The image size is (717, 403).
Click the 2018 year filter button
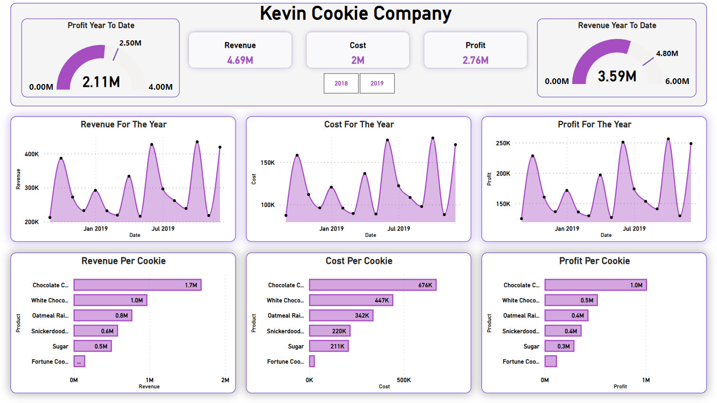(341, 84)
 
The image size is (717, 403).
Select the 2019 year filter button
(377, 84)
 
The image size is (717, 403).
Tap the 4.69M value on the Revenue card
(240, 60)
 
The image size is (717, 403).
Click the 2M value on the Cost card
(358, 60)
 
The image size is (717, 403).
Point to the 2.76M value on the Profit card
(475, 60)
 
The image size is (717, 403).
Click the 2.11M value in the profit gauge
(101, 82)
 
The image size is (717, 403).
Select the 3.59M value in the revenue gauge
(617, 76)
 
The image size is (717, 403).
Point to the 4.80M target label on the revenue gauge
(667, 54)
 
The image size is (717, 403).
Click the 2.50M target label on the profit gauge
(130, 43)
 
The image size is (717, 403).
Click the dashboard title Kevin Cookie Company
(356, 14)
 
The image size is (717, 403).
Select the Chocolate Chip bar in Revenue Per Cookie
(137, 285)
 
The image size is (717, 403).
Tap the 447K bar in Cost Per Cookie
(351, 300)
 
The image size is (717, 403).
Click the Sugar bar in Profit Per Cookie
(559, 346)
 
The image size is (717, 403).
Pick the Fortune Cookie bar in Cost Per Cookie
(312, 361)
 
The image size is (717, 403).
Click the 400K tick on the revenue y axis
(32, 154)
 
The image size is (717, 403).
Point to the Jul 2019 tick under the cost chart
(398, 229)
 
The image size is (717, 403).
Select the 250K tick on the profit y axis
(503, 143)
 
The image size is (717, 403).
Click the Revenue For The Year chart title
(123, 124)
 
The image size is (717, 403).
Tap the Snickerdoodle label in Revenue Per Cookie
(50, 331)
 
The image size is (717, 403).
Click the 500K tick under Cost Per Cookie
(404, 380)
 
